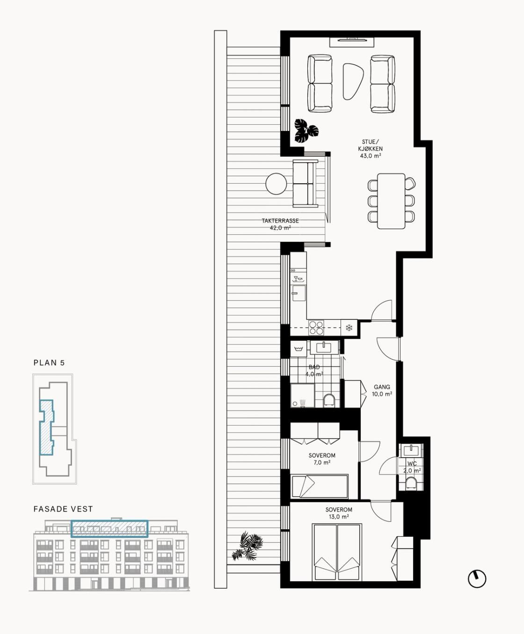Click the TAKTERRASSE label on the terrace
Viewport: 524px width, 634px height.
[280, 221]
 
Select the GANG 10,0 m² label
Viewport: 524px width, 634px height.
[382, 390]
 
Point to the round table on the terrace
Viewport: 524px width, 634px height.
[276, 183]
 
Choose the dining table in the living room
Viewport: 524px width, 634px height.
[391, 201]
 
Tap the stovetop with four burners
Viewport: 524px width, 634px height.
[316, 328]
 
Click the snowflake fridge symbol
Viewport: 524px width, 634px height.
[349, 328]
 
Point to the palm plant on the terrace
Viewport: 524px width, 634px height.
[247, 546]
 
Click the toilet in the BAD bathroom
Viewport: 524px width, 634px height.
[328, 400]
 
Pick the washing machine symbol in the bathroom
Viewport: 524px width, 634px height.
[298, 349]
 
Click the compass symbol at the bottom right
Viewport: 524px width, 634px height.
[477, 579]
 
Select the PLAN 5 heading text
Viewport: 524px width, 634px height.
[49, 363]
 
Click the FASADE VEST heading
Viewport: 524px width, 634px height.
[63, 509]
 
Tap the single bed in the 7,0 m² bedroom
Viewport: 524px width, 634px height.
[320, 486]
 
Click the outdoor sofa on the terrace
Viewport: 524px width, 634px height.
[306, 183]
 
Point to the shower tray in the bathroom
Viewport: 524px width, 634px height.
[303, 395]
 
